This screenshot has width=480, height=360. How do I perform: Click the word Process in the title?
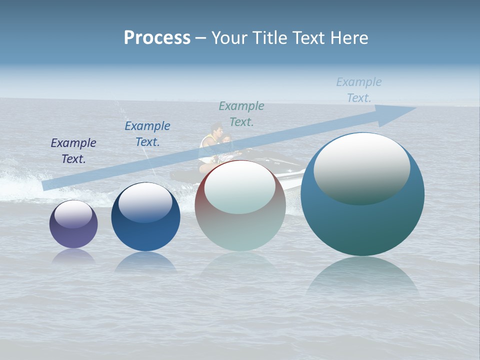[157, 38]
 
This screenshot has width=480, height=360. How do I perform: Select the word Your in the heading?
[230, 38]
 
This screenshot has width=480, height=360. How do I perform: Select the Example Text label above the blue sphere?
[147, 134]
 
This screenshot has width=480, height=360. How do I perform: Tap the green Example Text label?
[241, 114]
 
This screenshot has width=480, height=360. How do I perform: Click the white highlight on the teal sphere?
[362, 167]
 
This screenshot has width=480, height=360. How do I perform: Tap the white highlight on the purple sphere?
[73, 214]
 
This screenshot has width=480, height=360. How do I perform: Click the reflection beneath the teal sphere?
[362, 277]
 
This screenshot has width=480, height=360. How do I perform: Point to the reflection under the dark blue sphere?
[145, 262]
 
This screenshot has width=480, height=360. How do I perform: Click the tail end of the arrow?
[47, 186]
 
